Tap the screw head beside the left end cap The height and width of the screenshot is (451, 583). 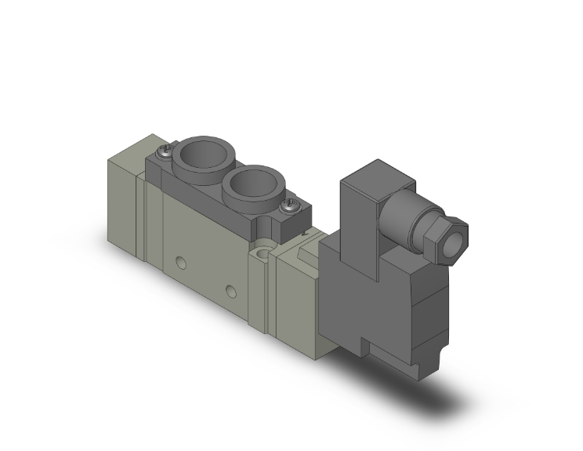pyautogui.click(x=165, y=153)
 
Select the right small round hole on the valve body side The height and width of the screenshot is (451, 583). pyautogui.click(x=230, y=292)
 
